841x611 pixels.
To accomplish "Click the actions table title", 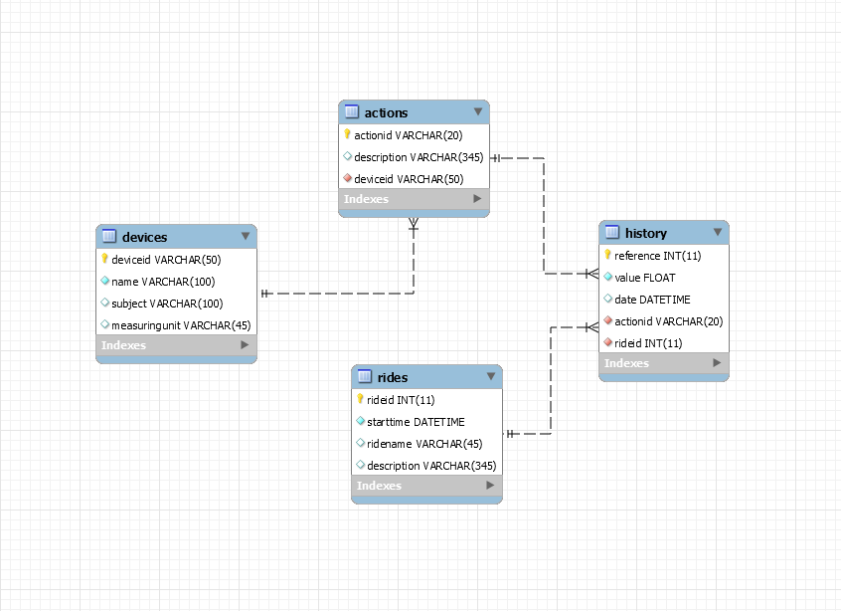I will pyautogui.click(x=386, y=112).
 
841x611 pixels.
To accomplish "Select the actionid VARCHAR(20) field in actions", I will pyautogui.click(x=408, y=135).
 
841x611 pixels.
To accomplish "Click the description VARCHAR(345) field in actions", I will pyautogui.click(x=418, y=157).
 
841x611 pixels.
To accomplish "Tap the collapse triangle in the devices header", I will pyautogui.click(x=246, y=237).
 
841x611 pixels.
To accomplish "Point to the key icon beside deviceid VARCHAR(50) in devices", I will pyautogui.click(x=104, y=259).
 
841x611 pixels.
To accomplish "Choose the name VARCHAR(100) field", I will pyautogui.click(x=163, y=282).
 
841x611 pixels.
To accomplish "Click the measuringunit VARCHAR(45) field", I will pyautogui.click(x=180, y=325).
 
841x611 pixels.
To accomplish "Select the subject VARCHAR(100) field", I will pyautogui.click(x=167, y=304).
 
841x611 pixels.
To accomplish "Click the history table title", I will pyautogui.click(x=645, y=233).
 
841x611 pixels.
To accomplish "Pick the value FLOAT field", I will pyautogui.click(x=645, y=278).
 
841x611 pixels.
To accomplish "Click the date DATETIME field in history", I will pyautogui.click(x=652, y=300).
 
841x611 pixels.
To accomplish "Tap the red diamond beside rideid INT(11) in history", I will pyautogui.click(x=607, y=343).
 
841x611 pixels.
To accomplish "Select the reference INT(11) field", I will pyautogui.click(x=657, y=256).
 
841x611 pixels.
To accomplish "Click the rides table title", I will pyautogui.click(x=393, y=377).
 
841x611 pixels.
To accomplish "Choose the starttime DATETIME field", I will pyautogui.click(x=416, y=422).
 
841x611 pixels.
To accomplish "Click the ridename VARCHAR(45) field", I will pyautogui.click(x=424, y=444).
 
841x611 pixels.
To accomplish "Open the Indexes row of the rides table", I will pyautogui.click(x=426, y=486).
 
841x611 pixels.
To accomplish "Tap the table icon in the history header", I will pyautogui.click(x=612, y=232).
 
